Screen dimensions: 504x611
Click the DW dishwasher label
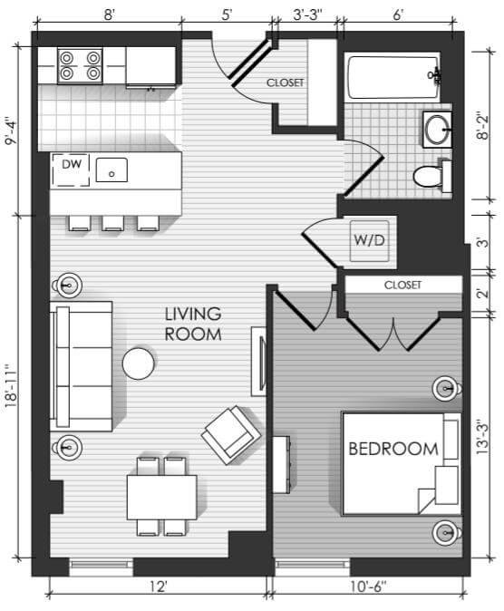(x=72, y=164)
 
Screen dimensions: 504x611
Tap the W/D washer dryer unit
(x=369, y=241)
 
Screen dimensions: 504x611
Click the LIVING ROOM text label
(x=193, y=325)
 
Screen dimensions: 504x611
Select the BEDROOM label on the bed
(x=393, y=449)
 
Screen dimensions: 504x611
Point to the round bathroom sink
(x=437, y=129)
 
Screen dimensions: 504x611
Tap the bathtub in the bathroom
(x=393, y=77)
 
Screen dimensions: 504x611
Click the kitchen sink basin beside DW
(x=111, y=170)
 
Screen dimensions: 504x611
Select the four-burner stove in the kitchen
(x=80, y=65)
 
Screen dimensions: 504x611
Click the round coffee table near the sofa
(x=138, y=364)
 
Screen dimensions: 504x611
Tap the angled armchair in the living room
(x=231, y=435)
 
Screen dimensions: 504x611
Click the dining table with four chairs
(x=161, y=497)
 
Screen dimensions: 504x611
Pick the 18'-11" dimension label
(x=12, y=386)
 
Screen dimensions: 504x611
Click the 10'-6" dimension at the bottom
(x=369, y=586)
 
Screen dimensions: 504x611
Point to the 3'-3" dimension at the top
(x=307, y=15)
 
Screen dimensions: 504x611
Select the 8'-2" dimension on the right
(x=483, y=126)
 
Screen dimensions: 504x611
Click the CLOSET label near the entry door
(x=285, y=82)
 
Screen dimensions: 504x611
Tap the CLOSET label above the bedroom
(x=402, y=285)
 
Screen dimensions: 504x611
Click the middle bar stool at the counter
(x=113, y=223)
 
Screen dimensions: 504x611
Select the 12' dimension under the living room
(x=159, y=586)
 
